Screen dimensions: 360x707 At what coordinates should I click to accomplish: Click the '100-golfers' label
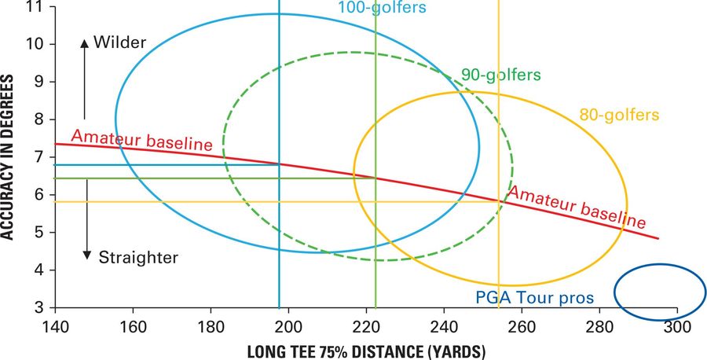click(x=382, y=8)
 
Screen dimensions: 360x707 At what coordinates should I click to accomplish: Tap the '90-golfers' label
click(x=500, y=75)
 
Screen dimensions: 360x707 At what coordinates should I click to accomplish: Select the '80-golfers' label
click(x=619, y=115)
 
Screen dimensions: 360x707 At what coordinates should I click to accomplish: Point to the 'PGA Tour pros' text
click(x=535, y=298)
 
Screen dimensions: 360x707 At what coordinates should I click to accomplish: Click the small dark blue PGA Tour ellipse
click(x=659, y=292)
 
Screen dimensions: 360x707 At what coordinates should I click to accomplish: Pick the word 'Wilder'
click(x=119, y=42)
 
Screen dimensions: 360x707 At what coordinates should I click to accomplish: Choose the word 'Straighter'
click(x=138, y=256)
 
